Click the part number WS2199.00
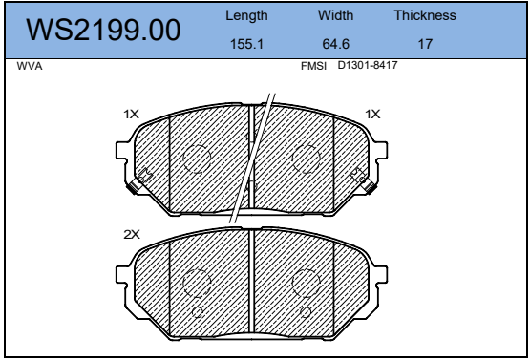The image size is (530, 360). coord(103,31)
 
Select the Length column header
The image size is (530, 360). coord(246,16)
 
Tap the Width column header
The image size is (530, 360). coord(335,15)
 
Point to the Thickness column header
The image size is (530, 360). coord(425,15)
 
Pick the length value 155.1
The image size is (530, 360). coord(246,44)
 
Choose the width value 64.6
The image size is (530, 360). coord(335,44)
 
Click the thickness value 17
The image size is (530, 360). coord(425,44)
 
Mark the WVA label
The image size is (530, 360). coord(30,66)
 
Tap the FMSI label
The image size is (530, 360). coord(313,66)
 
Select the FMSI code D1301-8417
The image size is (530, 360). coord(368,65)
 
